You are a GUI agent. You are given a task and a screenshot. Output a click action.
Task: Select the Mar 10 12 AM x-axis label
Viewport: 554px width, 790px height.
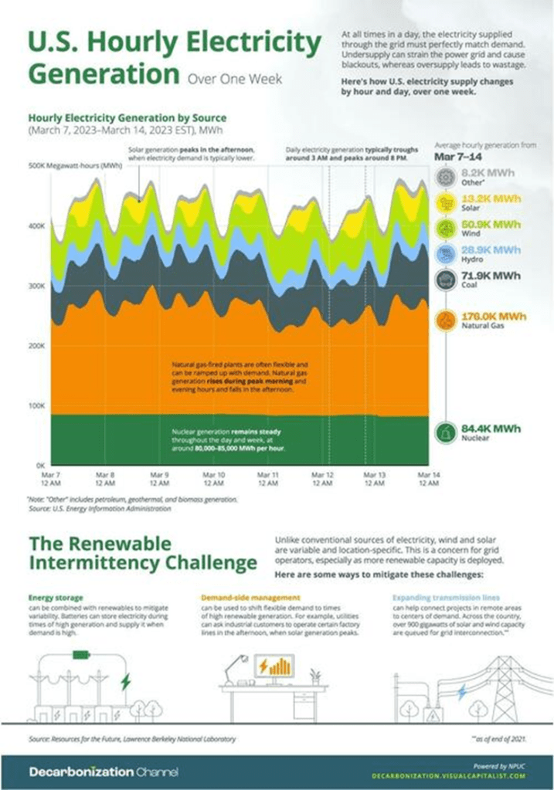click(212, 478)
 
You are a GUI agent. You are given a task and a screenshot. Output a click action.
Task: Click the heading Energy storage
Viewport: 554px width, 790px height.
click(56, 598)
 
